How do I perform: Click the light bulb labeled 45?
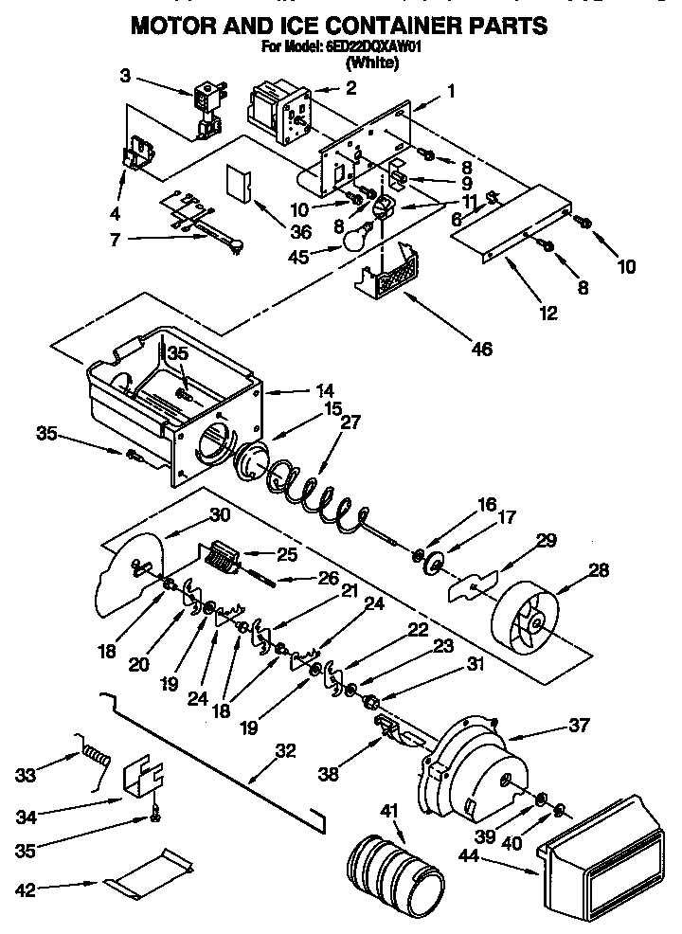pyautogui.click(x=353, y=238)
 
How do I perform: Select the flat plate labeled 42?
pyautogui.click(x=152, y=872)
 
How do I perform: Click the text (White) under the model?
pyautogui.click(x=371, y=63)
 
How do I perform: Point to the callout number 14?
pyautogui.click(x=299, y=389)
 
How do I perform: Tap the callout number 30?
pyautogui.click(x=220, y=516)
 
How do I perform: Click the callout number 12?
pyautogui.click(x=549, y=314)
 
